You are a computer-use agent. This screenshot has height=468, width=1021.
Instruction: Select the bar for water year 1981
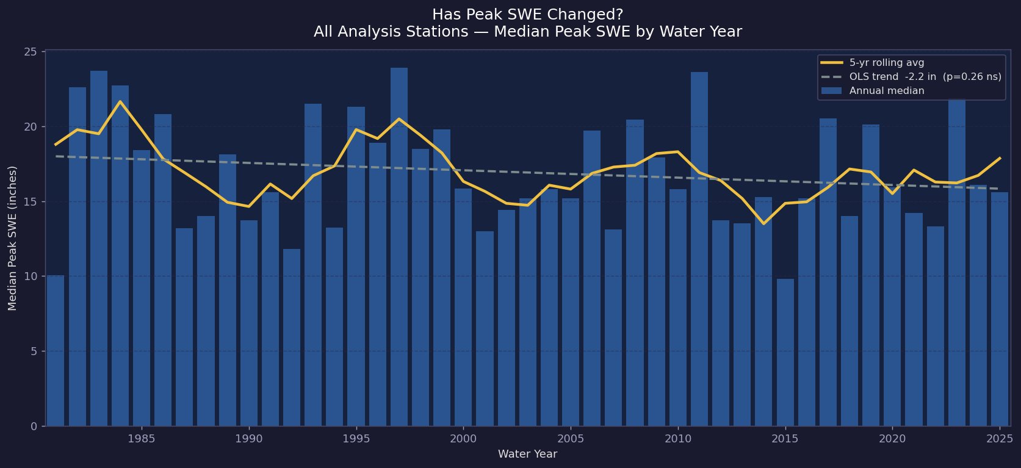pos(56,351)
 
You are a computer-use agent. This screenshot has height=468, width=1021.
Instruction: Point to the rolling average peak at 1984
pos(120,101)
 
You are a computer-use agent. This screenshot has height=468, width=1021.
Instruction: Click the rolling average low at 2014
pos(763,223)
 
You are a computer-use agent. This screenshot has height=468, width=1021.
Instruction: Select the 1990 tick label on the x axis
pos(248,439)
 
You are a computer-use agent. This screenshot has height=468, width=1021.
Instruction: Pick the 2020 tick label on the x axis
pos(892,439)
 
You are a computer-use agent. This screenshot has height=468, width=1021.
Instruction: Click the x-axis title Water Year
pos(527,454)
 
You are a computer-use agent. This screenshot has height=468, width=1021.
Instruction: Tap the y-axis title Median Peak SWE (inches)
pos(12,238)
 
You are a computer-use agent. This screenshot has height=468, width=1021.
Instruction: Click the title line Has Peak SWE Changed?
pos(527,15)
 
